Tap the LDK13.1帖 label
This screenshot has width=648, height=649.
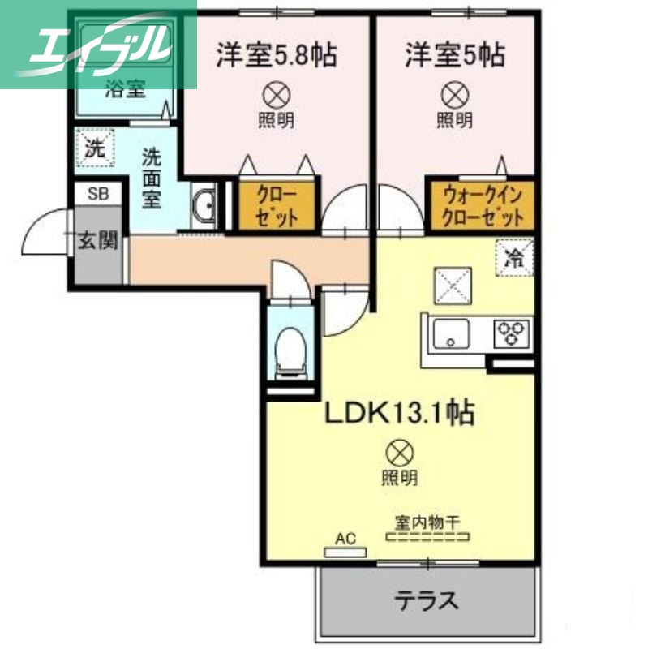pos(400,414)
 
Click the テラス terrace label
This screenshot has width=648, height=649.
pos(427,601)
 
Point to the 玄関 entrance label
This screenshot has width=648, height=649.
pos(98,240)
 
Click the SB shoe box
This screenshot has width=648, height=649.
pos(98,193)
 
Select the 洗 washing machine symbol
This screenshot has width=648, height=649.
pos(96,148)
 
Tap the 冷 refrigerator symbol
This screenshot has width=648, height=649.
pos(513,260)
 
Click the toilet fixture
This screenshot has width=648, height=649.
pos(288,351)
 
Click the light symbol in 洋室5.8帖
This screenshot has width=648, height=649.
pos(276,96)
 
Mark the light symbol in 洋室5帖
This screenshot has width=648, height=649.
pos(453,96)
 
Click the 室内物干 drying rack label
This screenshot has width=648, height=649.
pos(428,521)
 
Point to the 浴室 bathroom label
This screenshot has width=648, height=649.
pos(125,88)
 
